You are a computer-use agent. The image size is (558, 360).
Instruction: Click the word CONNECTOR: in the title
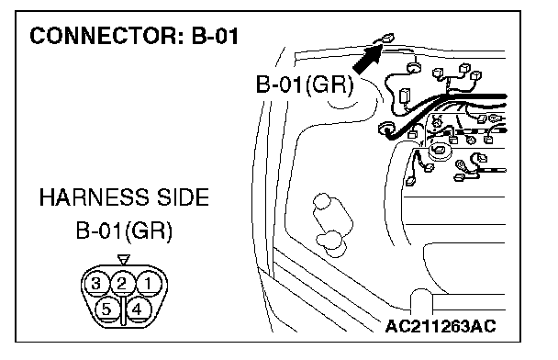(x=106, y=36)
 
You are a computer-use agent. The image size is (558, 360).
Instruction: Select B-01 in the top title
(x=216, y=36)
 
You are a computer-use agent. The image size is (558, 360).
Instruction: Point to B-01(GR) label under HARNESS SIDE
(x=124, y=231)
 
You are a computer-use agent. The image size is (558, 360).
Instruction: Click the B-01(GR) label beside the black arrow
(x=305, y=84)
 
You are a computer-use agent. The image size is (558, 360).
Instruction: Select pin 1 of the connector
(x=149, y=284)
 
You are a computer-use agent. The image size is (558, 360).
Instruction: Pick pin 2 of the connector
(x=122, y=284)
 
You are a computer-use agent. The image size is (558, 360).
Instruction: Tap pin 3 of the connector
(x=95, y=284)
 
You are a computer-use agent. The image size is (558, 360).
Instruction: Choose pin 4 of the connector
(x=137, y=309)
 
